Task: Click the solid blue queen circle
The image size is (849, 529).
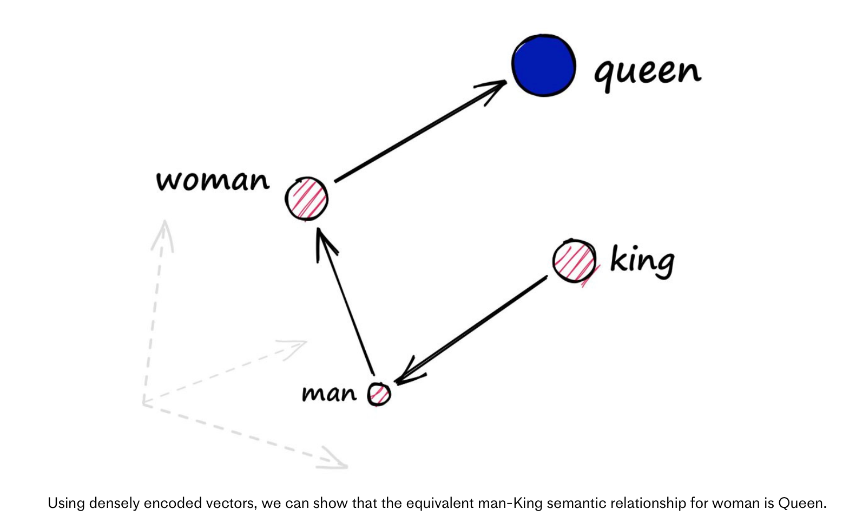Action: click(x=543, y=65)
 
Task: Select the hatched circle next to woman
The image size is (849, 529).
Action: click(x=306, y=199)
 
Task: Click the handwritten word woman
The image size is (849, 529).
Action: click(x=213, y=181)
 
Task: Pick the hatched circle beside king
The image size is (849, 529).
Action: click(x=575, y=261)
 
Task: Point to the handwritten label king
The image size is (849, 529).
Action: click(x=642, y=261)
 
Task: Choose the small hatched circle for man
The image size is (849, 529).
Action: click(x=379, y=394)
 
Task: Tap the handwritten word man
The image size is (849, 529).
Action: click(x=329, y=393)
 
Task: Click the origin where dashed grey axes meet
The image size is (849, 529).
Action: click(x=144, y=402)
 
